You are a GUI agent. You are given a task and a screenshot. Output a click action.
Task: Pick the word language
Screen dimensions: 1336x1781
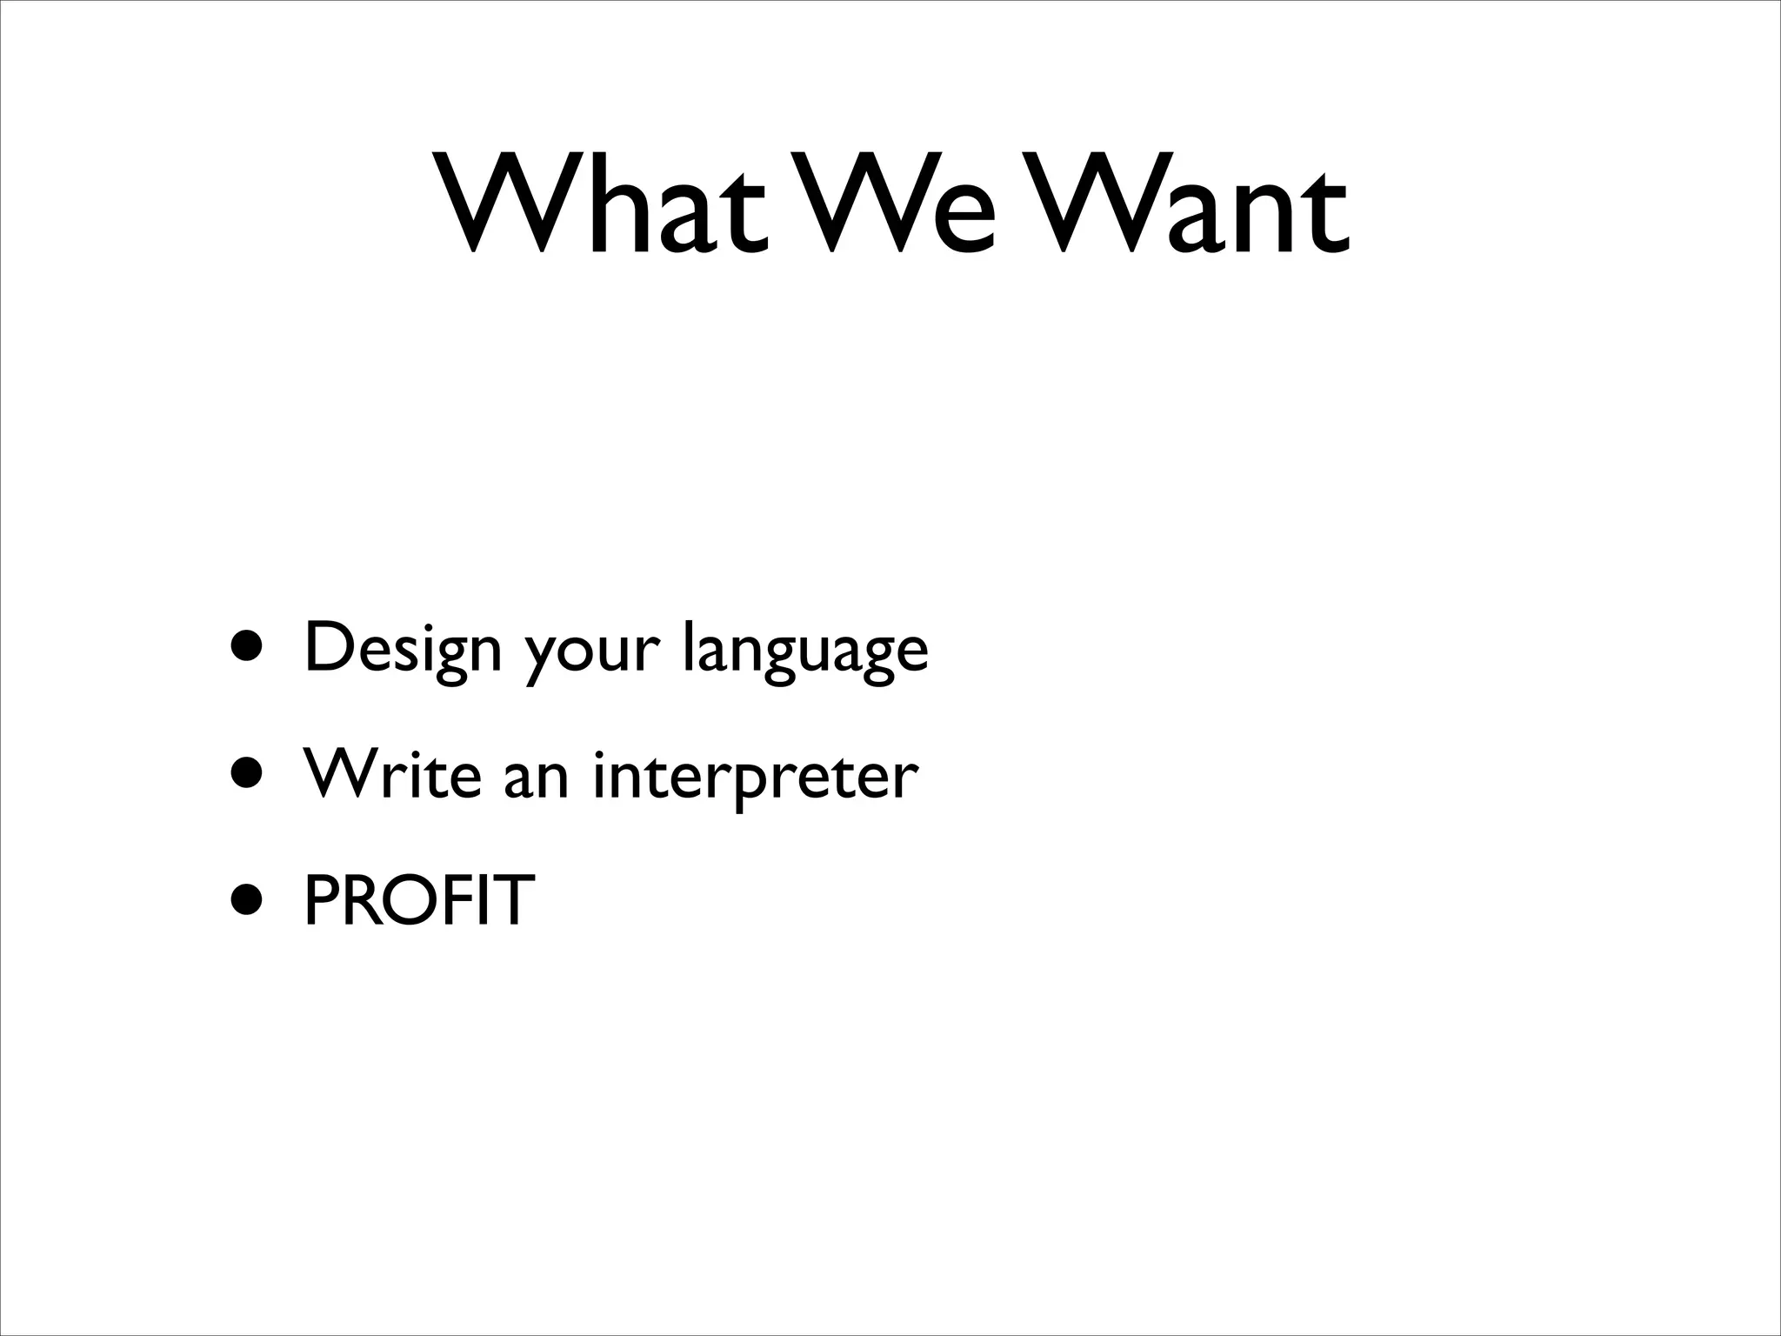pos(805,652)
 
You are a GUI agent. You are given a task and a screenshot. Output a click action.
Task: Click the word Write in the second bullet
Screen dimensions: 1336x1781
pos(392,773)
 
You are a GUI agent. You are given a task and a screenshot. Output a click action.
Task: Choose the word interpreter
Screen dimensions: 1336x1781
pos(755,777)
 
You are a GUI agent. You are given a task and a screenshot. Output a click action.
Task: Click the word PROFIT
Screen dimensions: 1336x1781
pos(418,900)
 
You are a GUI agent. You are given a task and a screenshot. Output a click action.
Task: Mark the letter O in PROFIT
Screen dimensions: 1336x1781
pos(419,900)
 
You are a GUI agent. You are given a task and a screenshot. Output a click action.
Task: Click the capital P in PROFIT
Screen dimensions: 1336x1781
pos(322,900)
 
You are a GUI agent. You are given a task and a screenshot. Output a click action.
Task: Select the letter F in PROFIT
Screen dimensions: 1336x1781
pos(470,900)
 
